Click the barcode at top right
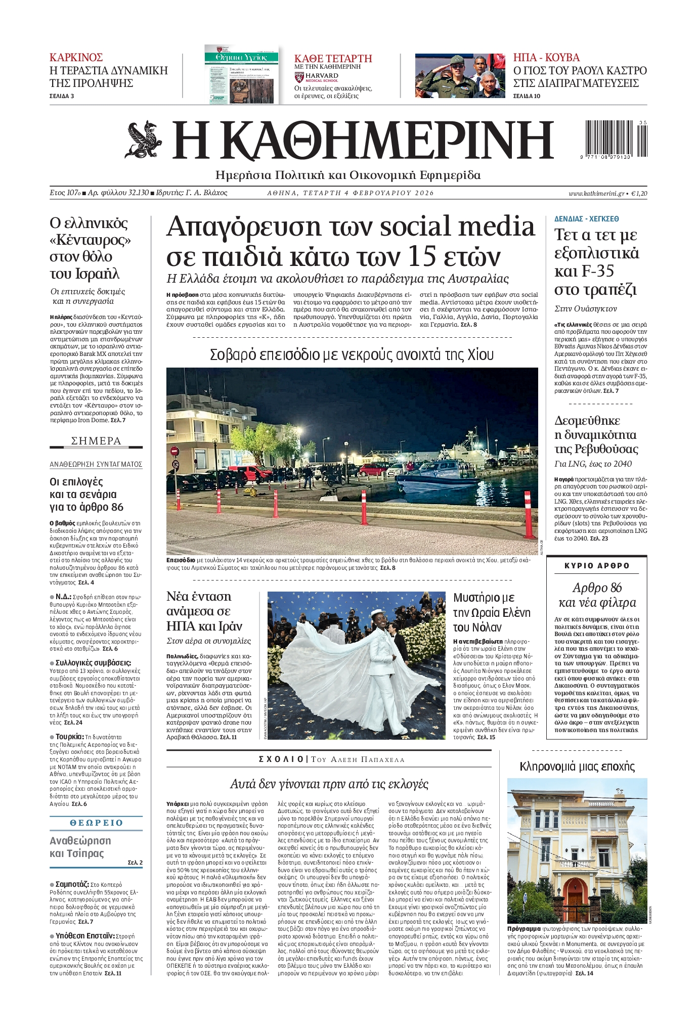point(616,140)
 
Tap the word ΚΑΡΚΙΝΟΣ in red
point(76,57)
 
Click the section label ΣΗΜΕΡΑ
point(96,441)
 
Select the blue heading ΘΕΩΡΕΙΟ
point(96,823)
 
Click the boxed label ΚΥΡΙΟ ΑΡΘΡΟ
point(597,566)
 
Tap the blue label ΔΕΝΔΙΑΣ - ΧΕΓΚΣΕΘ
point(586,219)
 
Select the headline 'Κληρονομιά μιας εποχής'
point(577,766)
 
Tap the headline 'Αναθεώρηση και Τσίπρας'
point(80,847)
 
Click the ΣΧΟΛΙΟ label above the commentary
point(280,759)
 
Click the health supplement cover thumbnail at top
point(241,74)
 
